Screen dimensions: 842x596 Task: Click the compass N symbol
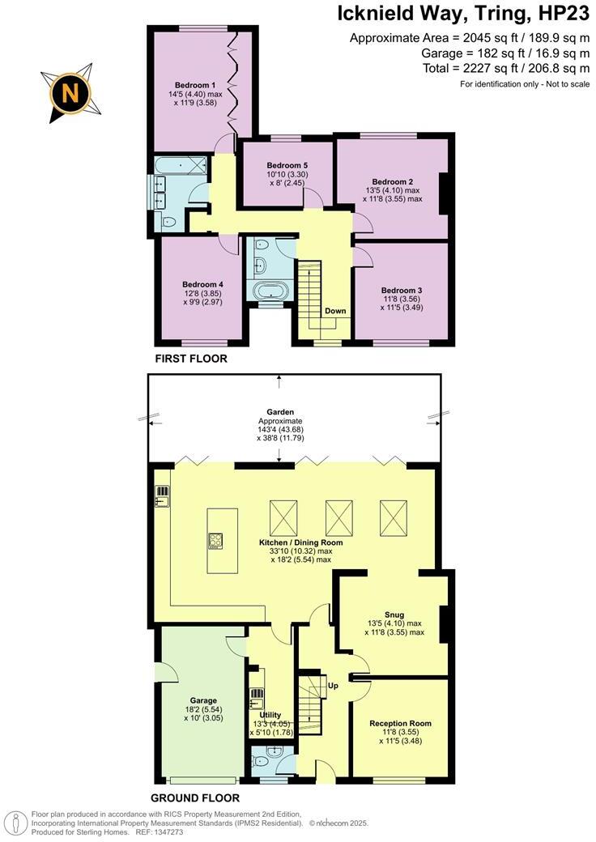click(x=70, y=94)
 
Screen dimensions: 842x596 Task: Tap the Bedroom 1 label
click(x=194, y=85)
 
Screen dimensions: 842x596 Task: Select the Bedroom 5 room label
click(x=287, y=165)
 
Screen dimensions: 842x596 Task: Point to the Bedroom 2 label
click(x=393, y=181)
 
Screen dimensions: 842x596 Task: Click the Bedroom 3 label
click(x=402, y=290)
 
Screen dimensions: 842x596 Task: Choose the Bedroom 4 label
click(x=202, y=284)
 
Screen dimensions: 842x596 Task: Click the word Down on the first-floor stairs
click(x=336, y=311)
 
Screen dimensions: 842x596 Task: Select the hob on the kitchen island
click(x=216, y=540)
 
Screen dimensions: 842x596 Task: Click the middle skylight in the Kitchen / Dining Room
click(x=339, y=514)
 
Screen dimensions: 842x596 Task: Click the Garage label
click(x=203, y=700)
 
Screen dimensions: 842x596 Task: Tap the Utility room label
click(x=270, y=715)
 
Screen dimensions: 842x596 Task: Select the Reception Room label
click(x=400, y=723)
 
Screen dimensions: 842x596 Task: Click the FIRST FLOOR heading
click(x=191, y=358)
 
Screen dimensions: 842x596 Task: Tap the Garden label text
click(x=279, y=411)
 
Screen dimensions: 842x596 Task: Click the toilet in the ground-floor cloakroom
click(x=262, y=760)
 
